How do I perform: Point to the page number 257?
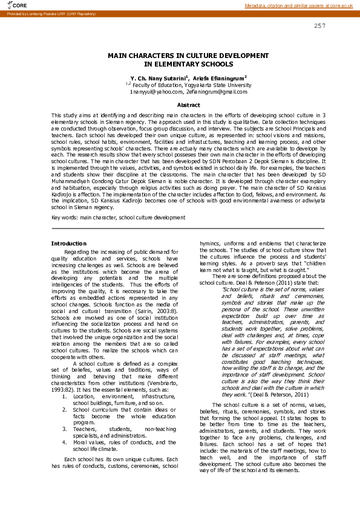click(x=319, y=25)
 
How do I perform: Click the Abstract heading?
click(x=180, y=105)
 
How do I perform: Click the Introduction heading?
click(x=69, y=243)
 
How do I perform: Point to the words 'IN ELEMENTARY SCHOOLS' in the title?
click(x=180, y=63)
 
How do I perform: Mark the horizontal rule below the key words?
click(x=188, y=229)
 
